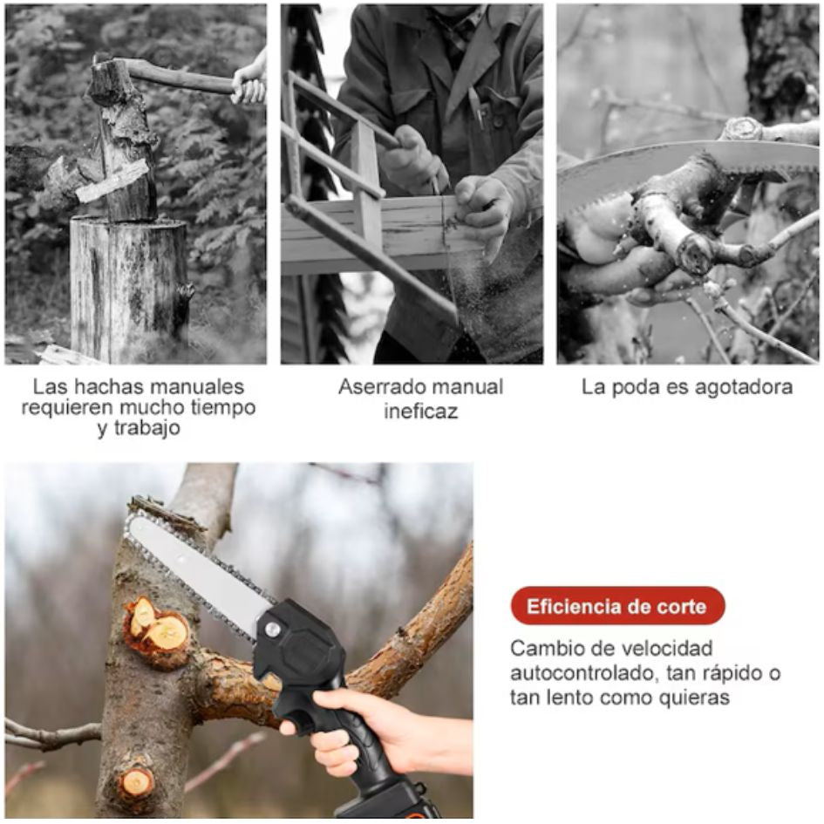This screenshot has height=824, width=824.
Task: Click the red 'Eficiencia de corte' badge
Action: tap(617, 606)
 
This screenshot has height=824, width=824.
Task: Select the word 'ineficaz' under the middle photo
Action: tap(420, 411)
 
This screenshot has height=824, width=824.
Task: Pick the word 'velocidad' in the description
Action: tap(667, 648)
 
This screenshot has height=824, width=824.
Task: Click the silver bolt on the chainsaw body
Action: tap(272, 629)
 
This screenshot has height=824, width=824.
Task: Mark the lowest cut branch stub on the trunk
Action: tap(136, 784)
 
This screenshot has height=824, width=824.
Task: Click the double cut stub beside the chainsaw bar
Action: tap(158, 629)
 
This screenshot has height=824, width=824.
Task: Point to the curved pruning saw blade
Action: tap(678, 174)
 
